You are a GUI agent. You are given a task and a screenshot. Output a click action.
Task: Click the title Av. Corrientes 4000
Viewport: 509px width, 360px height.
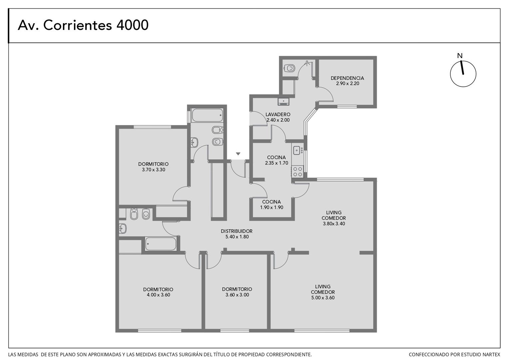[x=83, y=25]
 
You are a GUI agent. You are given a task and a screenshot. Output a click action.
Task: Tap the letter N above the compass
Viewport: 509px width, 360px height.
[x=460, y=56]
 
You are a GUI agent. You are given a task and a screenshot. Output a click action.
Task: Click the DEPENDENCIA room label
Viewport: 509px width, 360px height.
[x=347, y=78]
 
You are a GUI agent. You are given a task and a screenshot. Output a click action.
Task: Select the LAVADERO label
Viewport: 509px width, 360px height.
[x=278, y=114]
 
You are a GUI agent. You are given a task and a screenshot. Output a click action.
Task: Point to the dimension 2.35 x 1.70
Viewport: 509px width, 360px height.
[x=276, y=163]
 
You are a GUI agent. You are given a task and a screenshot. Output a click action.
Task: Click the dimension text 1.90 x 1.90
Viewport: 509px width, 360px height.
[x=271, y=207]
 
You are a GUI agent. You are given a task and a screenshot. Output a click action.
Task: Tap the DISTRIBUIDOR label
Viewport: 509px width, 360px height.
[x=237, y=231]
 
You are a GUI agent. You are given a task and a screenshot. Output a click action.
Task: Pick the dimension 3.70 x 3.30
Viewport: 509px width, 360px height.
[x=154, y=170]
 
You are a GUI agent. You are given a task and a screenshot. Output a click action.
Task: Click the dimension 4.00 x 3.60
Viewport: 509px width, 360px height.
[x=158, y=295]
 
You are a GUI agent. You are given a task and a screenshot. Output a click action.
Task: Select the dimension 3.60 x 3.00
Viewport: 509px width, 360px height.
[x=237, y=295]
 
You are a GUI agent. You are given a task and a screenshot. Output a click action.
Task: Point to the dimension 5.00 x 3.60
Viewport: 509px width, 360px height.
[x=323, y=298]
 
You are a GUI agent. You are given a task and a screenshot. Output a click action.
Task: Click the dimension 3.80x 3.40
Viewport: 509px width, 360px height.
[x=334, y=224]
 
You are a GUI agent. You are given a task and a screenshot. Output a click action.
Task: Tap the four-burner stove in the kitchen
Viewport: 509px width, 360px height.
[x=298, y=172]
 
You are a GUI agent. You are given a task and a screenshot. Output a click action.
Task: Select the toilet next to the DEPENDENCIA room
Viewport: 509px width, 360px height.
[x=289, y=68]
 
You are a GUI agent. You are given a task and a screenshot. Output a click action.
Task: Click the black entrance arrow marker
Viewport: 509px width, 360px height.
[x=238, y=154]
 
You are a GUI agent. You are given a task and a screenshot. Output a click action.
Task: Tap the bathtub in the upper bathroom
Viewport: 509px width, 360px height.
[x=207, y=115]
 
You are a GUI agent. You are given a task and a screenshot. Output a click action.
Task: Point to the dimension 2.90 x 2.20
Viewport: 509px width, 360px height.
[x=348, y=83]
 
